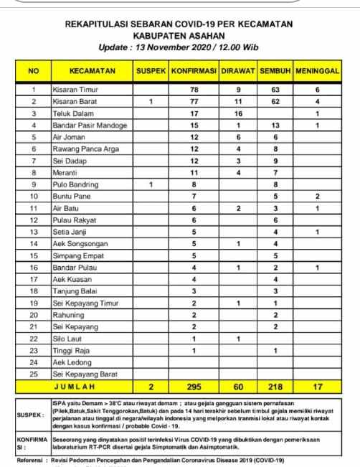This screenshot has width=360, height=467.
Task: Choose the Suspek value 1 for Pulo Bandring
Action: pyautogui.click(x=151, y=184)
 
